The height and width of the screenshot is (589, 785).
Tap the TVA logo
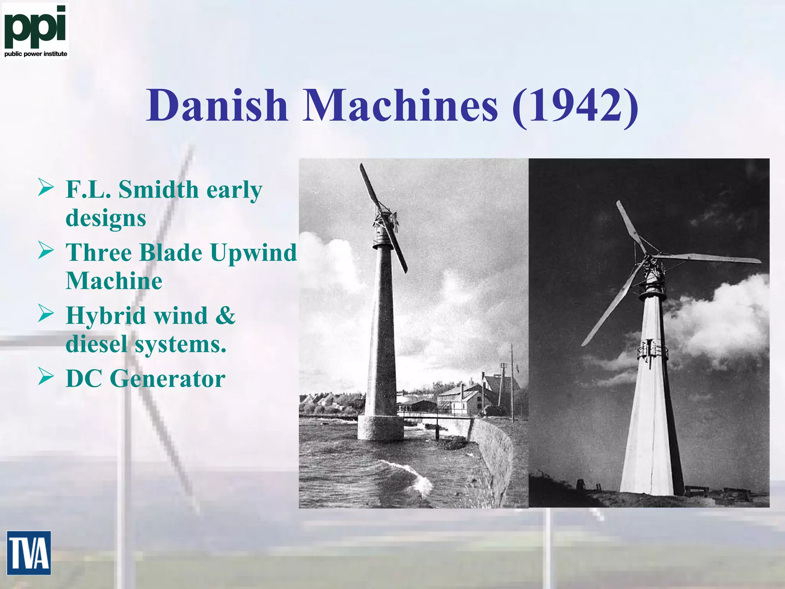tap(29, 553)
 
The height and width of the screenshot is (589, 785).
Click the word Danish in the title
tap(217, 105)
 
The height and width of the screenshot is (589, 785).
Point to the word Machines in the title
tap(401, 105)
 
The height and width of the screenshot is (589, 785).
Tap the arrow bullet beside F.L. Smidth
tap(46, 189)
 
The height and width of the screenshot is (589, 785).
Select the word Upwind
tap(253, 253)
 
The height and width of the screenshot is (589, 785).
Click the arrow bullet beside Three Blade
tap(46, 252)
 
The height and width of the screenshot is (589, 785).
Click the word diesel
tap(96, 344)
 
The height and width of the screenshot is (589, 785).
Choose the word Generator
tap(168, 379)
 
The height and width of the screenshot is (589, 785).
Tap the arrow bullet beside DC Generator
tap(46, 378)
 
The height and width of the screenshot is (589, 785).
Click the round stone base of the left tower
tap(380, 428)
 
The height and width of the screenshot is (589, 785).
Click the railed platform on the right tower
tap(652, 350)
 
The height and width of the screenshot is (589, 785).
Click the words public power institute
tap(36, 54)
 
